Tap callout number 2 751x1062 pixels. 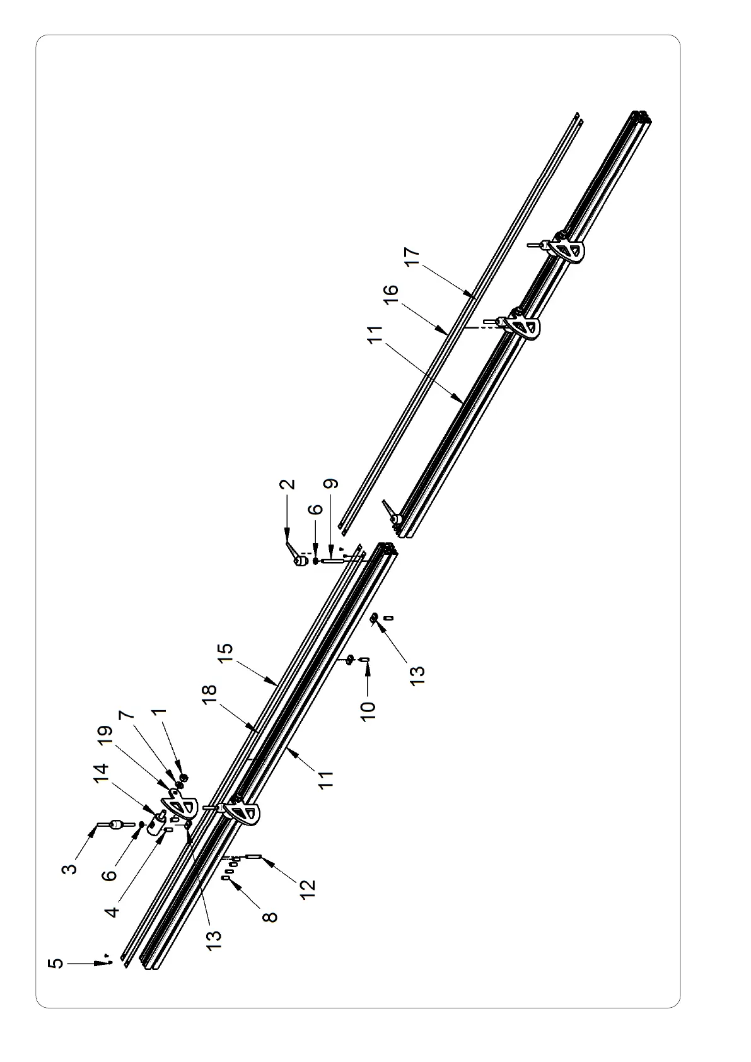[288, 484]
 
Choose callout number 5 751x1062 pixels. [56, 964]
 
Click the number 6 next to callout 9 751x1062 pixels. [317, 510]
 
